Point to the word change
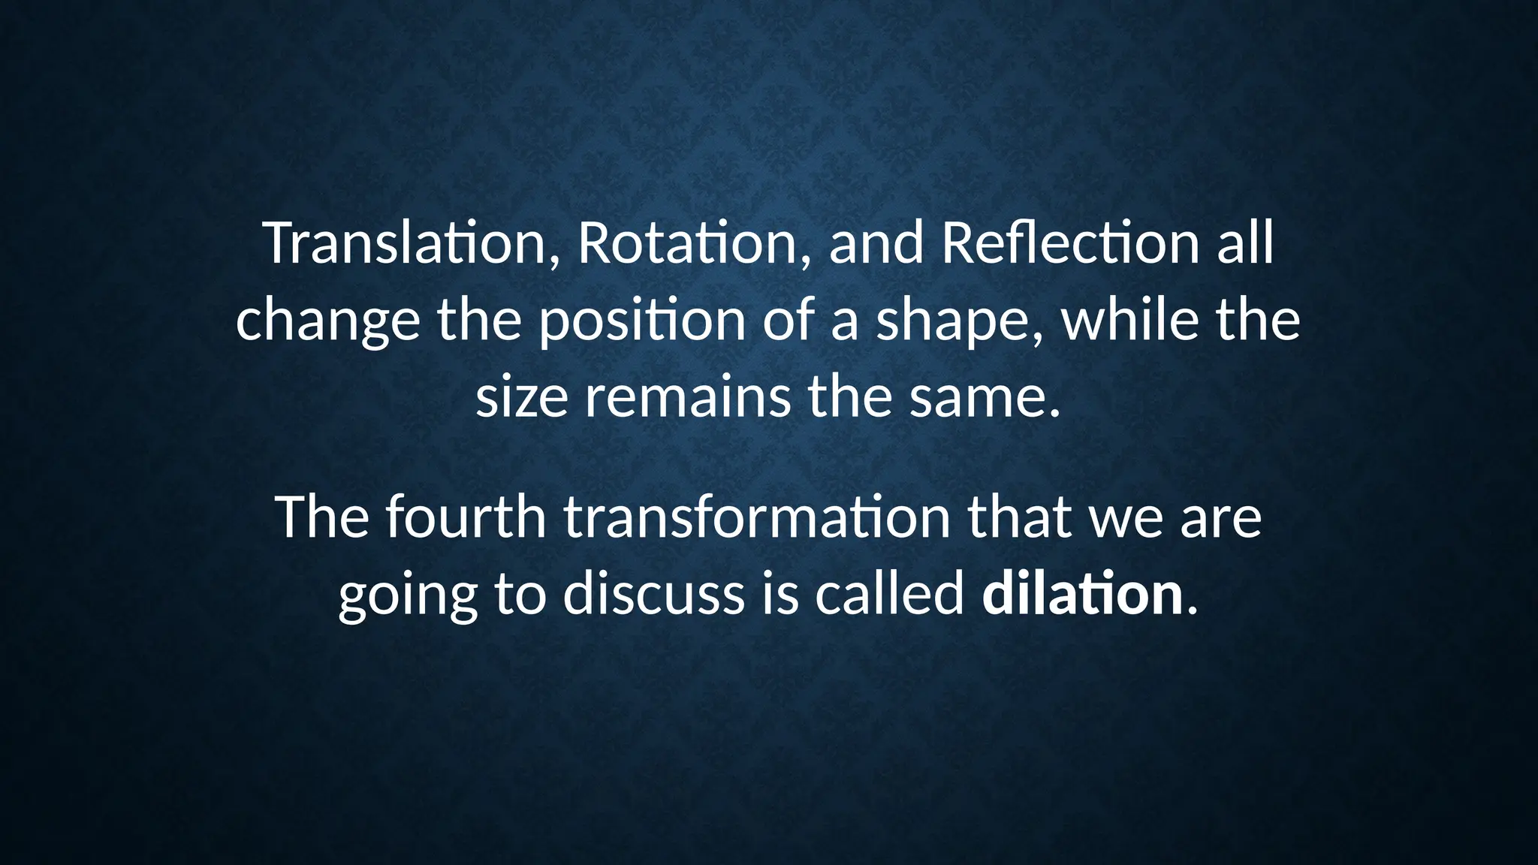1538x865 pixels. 327,321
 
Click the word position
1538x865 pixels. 642,321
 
